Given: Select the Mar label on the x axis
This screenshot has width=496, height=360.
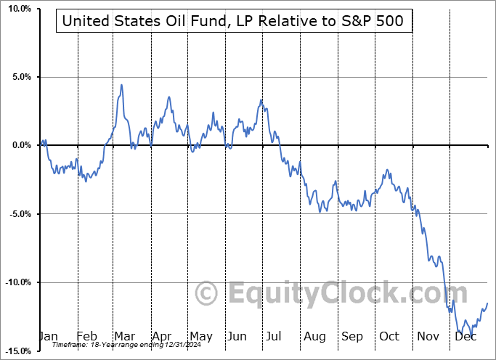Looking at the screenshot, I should [x=125, y=337].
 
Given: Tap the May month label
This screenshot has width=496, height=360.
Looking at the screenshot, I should [x=200, y=337].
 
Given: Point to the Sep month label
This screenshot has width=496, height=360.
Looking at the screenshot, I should [x=351, y=337].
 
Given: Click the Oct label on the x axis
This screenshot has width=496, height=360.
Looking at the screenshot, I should [x=389, y=337].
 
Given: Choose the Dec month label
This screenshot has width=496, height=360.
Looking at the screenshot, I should [x=465, y=337].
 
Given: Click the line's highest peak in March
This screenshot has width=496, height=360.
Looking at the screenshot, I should [x=121, y=85].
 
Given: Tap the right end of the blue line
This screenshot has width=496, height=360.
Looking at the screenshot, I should [x=487, y=303].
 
